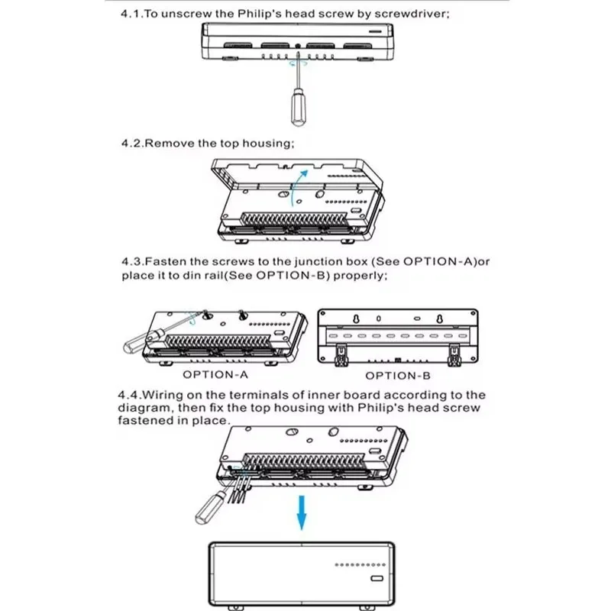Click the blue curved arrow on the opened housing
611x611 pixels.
coord(297,187)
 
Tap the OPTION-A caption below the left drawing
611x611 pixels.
coord(215,375)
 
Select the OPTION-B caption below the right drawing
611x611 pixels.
coord(397,375)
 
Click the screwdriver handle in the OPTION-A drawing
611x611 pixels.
coord(137,342)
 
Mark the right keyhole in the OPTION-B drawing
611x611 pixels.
coord(442,318)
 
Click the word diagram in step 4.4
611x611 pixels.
coord(145,408)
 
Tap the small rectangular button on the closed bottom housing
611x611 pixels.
coord(376,578)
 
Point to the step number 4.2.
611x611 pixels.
coord(131,143)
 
